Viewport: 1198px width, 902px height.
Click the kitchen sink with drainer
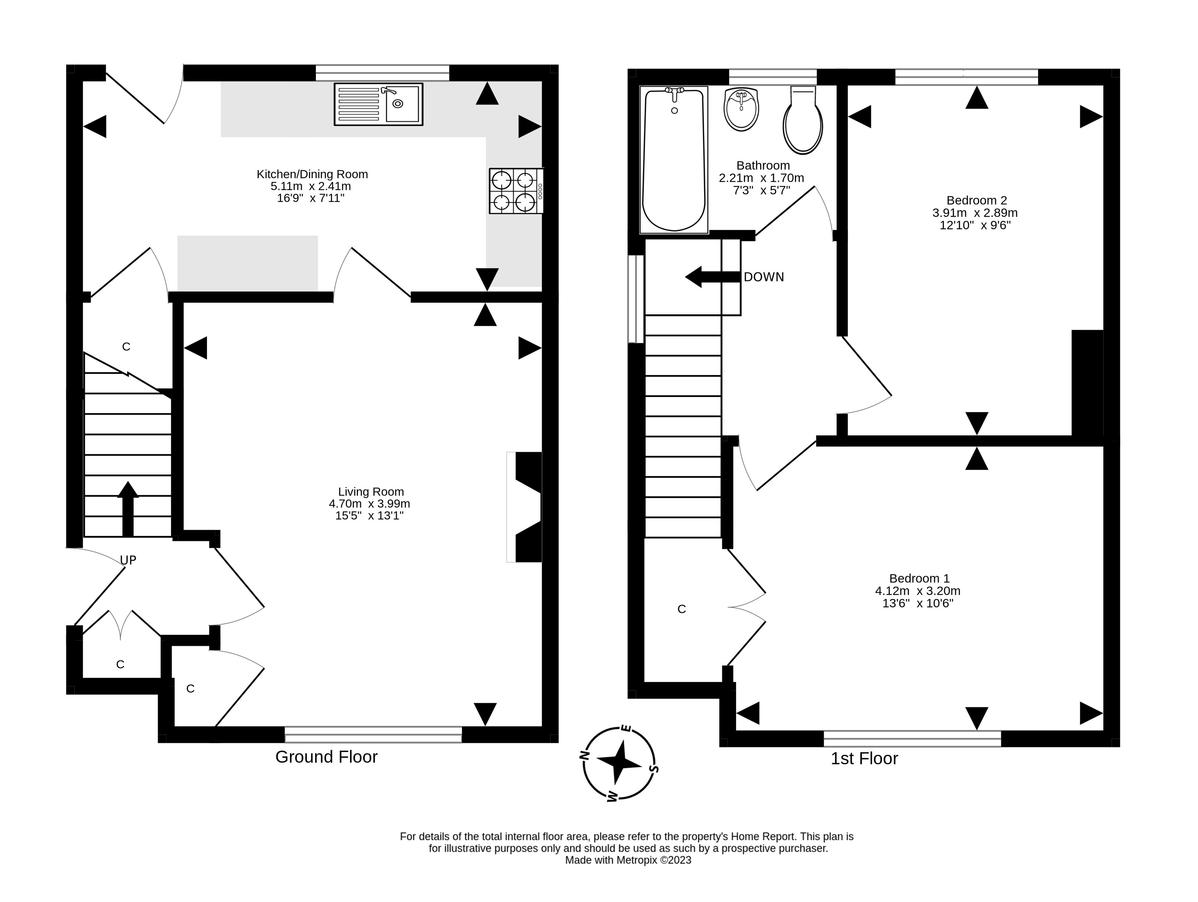click(x=378, y=104)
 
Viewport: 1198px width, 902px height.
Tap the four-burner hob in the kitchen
click(x=516, y=191)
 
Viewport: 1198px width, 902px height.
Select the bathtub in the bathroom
click(x=674, y=160)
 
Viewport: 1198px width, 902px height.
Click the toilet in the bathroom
click(x=803, y=120)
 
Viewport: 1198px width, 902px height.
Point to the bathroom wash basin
click(x=741, y=109)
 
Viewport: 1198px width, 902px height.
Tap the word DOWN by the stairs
click(x=763, y=277)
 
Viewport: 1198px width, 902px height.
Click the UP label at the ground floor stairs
click(x=128, y=560)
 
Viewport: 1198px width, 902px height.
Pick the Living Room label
click(x=371, y=492)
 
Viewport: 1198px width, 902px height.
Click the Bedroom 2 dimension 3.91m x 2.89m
click(x=975, y=213)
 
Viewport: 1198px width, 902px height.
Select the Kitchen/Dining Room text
click(x=312, y=174)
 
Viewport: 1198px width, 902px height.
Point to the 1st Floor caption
click(x=865, y=759)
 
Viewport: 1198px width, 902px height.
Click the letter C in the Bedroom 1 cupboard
click(x=682, y=609)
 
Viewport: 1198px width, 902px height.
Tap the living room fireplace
click(x=524, y=507)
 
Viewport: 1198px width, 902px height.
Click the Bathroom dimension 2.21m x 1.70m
click(x=762, y=178)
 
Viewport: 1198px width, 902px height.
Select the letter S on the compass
click(x=654, y=768)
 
